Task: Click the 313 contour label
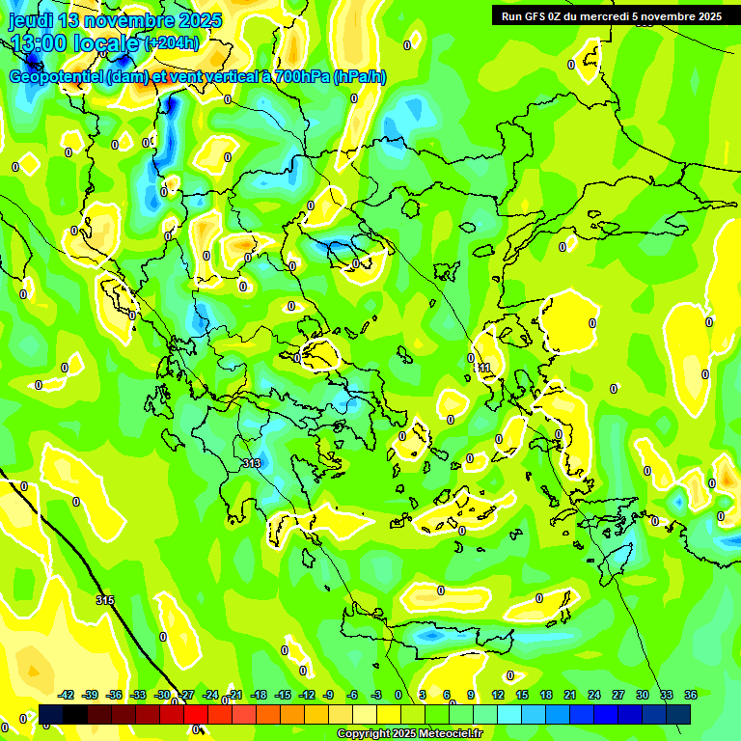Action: pos(252,464)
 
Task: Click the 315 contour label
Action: pos(105,600)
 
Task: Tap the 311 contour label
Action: pos(482,368)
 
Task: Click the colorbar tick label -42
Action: pos(67,695)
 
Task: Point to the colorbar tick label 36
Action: pos(690,695)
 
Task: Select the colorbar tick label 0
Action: pos(398,695)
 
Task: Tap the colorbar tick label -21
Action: pos(234,695)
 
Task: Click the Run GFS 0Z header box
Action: pos(611,16)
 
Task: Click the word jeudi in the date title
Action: pos(32,20)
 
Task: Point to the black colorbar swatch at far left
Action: pos(51,713)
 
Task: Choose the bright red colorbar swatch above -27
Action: pos(196,713)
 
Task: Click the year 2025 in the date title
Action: pos(197,20)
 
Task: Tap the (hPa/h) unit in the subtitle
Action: pos(359,77)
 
